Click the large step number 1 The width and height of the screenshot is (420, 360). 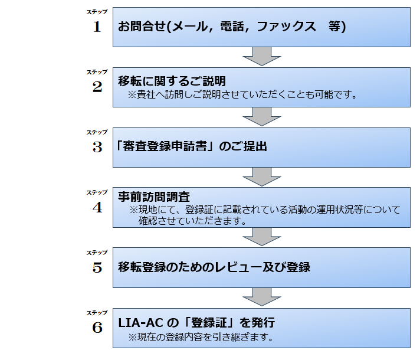coord(97,27)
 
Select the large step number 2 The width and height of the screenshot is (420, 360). coord(97,87)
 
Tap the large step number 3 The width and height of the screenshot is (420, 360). coord(97,148)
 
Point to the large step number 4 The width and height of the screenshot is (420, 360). coord(97,208)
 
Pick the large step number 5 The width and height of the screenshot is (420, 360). coord(97,267)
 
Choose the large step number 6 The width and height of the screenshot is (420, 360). coord(97,328)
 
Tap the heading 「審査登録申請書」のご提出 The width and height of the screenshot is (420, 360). coord(192,146)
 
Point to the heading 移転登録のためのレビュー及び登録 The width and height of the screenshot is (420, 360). coord(214,267)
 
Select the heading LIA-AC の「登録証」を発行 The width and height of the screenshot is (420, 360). coord(196,323)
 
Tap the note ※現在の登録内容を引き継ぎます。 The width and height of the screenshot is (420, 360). coord(201,338)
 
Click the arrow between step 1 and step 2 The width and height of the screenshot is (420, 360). coord(262,57)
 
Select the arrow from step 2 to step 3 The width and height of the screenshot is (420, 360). coord(262,117)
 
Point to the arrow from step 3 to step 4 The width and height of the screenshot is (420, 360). coord(262,176)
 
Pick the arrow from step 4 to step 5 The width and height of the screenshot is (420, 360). coord(262,237)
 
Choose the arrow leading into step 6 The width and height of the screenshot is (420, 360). coord(262,297)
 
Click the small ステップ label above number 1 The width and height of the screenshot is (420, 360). coord(97,12)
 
